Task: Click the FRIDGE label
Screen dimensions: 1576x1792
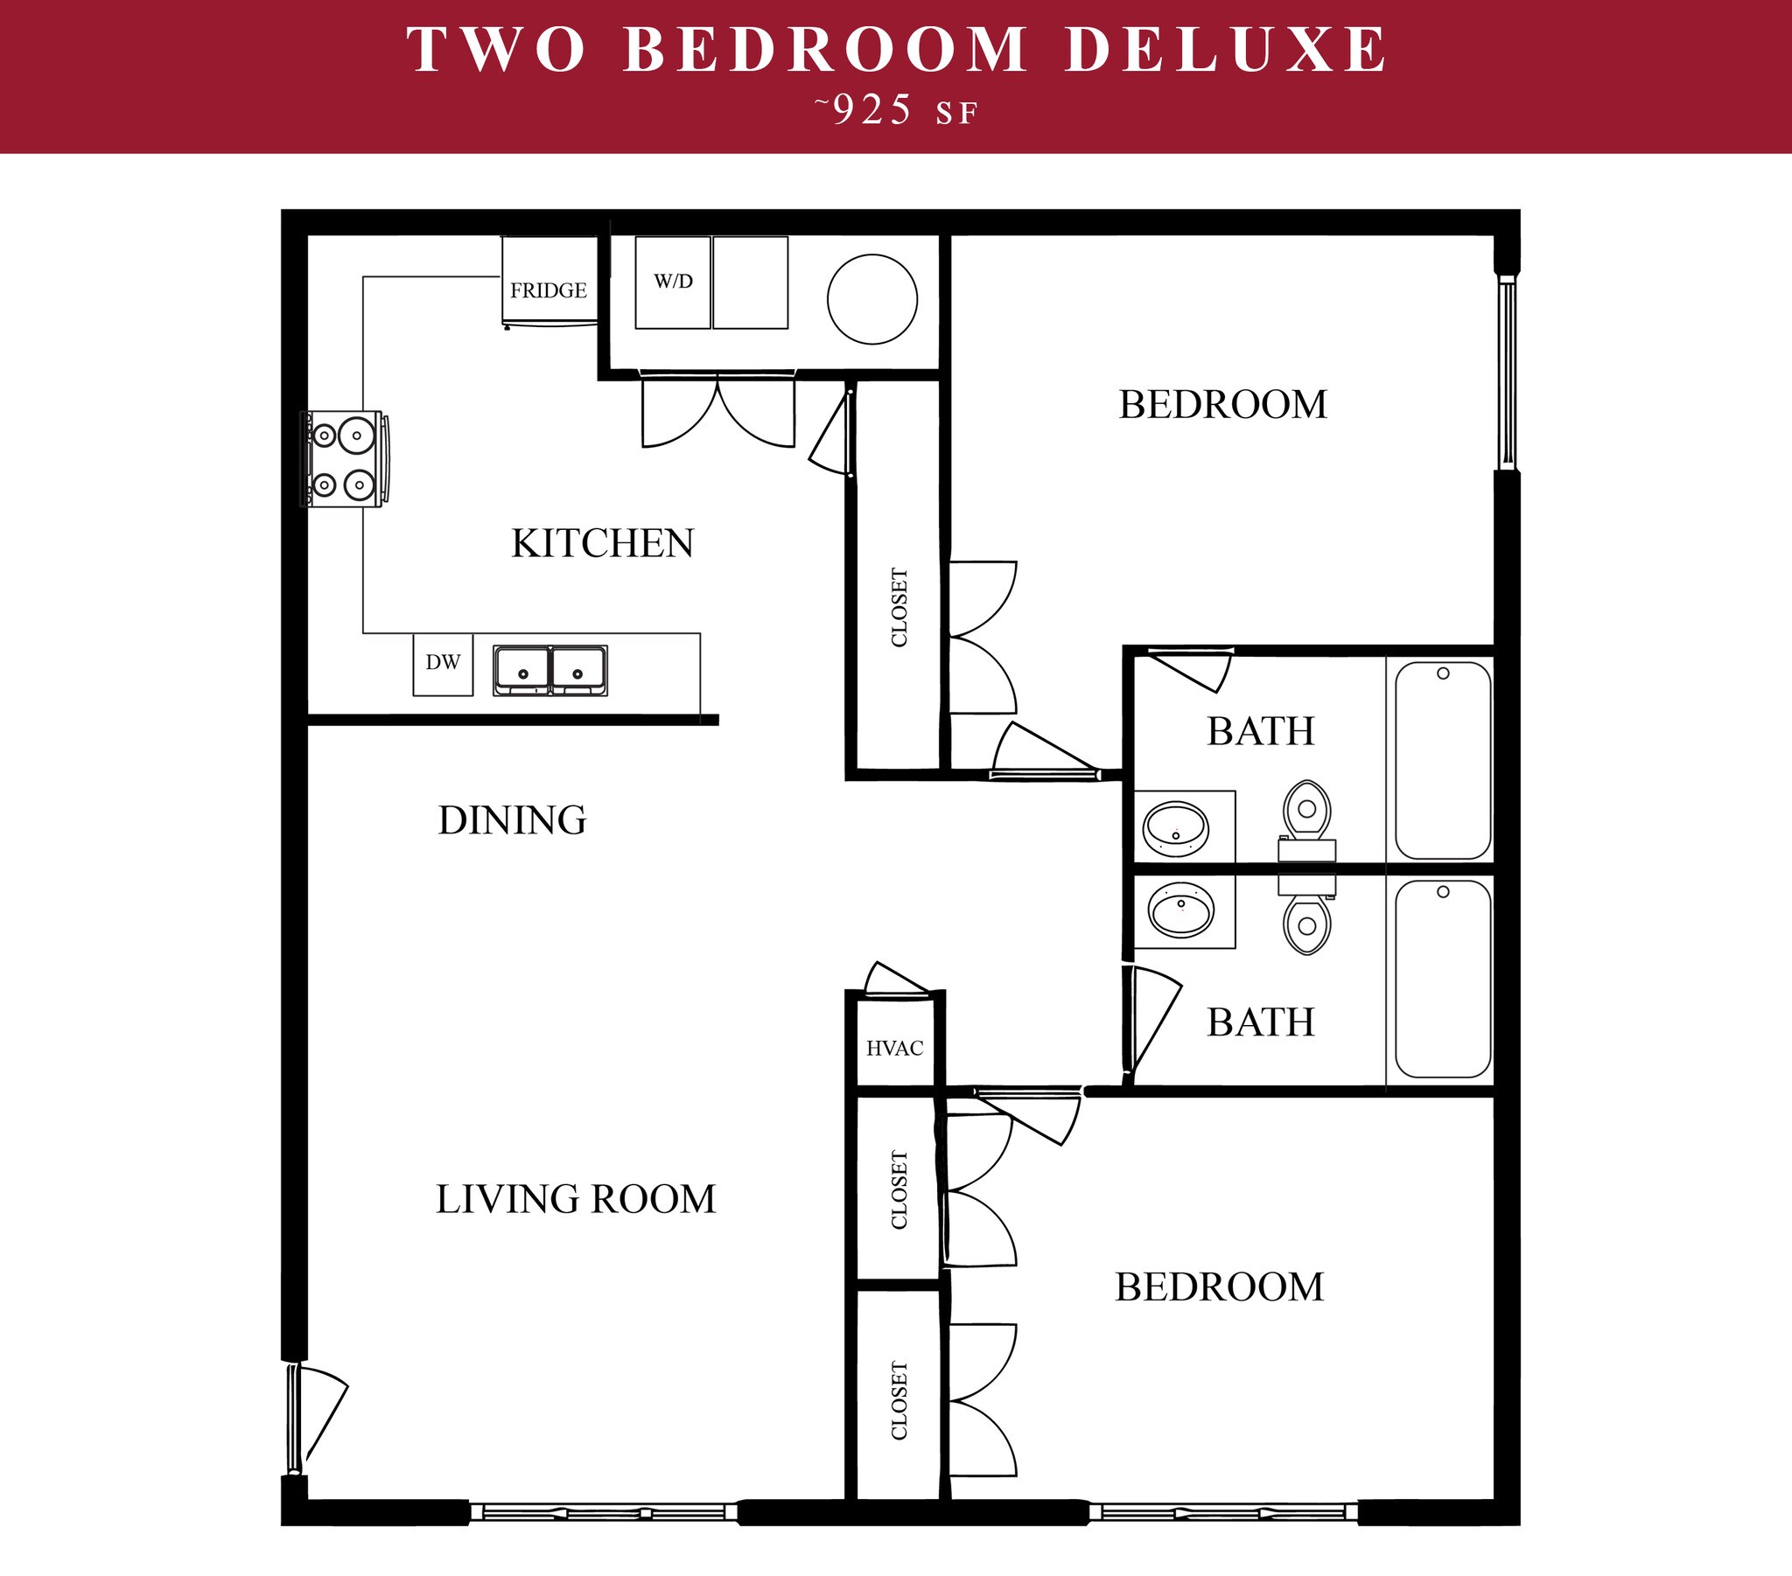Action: (x=548, y=290)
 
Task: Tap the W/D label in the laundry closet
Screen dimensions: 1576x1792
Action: (x=673, y=282)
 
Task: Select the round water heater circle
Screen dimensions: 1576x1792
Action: (x=871, y=299)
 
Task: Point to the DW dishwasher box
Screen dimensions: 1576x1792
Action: (x=443, y=664)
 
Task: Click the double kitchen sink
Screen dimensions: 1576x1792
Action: (x=549, y=671)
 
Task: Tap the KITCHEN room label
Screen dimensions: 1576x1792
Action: (x=602, y=543)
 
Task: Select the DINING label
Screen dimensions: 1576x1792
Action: (x=512, y=820)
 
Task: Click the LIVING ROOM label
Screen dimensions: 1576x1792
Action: (x=576, y=1199)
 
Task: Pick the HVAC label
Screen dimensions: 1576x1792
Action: (x=894, y=1049)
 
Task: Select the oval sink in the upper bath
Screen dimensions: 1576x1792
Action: (x=1176, y=828)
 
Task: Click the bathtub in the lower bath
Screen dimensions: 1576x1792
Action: (x=1442, y=980)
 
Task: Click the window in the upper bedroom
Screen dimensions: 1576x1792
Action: (x=1507, y=372)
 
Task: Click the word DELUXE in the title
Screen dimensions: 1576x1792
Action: (x=1226, y=50)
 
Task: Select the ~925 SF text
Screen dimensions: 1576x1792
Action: (x=895, y=111)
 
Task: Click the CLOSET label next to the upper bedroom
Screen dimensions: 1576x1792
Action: (x=899, y=608)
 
